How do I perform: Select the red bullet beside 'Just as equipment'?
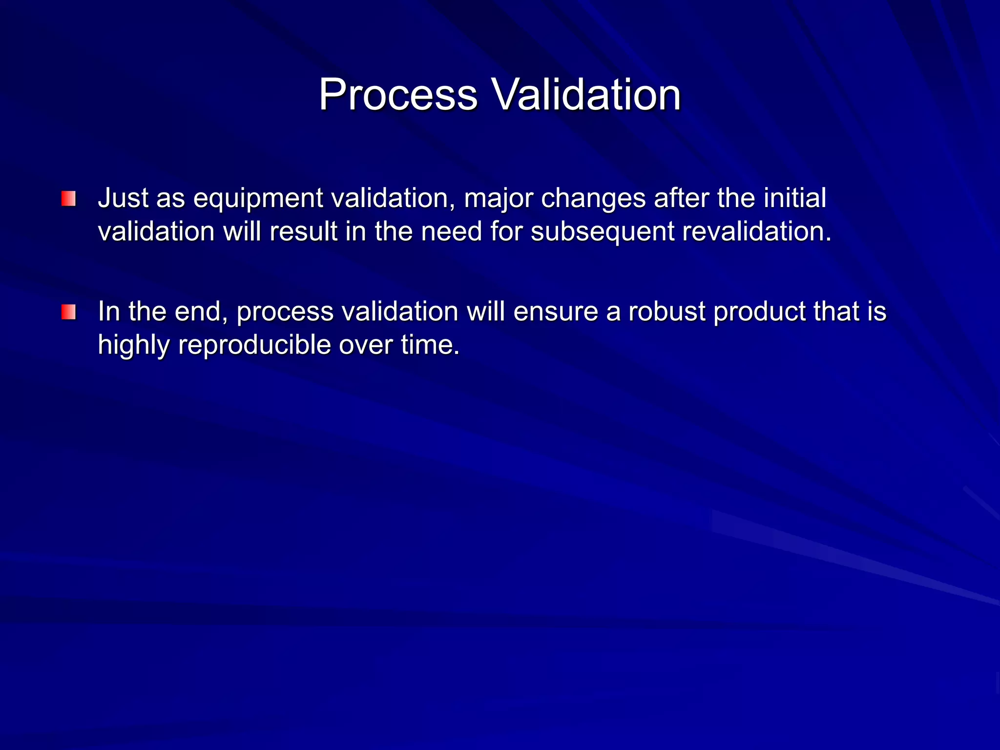point(68,199)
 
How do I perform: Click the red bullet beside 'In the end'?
point(68,312)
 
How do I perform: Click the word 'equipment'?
point(258,199)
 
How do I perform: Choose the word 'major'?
point(498,199)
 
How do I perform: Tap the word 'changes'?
point(593,199)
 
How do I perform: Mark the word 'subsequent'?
point(603,231)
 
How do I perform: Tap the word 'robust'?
point(667,311)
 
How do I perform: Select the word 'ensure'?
point(556,312)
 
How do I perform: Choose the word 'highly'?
point(133,345)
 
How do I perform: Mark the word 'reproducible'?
point(254,345)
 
